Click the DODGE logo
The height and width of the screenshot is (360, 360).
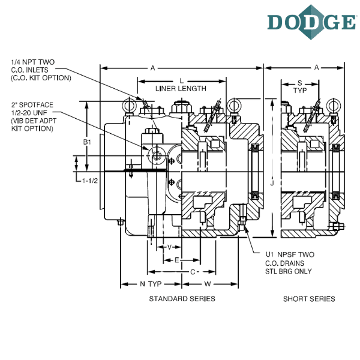point(312,22)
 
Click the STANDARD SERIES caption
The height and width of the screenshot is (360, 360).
point(182,299)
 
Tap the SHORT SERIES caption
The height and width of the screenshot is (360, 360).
point(309,299)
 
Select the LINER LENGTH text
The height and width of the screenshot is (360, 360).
point(181,89)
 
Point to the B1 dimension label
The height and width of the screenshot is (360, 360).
point(87,142)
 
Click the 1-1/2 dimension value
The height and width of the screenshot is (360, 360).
point(90,181)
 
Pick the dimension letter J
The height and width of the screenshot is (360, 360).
point(272,183)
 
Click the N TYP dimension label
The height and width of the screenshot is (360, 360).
point(151,284)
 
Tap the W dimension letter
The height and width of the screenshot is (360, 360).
point(208,284)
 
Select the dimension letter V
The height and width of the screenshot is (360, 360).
point(169,247)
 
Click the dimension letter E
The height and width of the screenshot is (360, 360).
point(177,260)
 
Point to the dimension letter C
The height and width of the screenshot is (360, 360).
point(193,272)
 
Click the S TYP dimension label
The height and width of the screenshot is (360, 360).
point(300,86)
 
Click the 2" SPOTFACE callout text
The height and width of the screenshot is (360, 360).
point(32,105)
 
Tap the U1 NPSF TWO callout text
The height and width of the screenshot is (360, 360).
point(290,254)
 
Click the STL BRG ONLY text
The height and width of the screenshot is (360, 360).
point(289,271)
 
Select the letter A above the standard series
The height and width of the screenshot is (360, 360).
point(152,68)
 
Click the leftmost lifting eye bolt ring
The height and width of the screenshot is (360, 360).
point(130,106)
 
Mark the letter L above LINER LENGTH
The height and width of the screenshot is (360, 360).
point(182,81)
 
